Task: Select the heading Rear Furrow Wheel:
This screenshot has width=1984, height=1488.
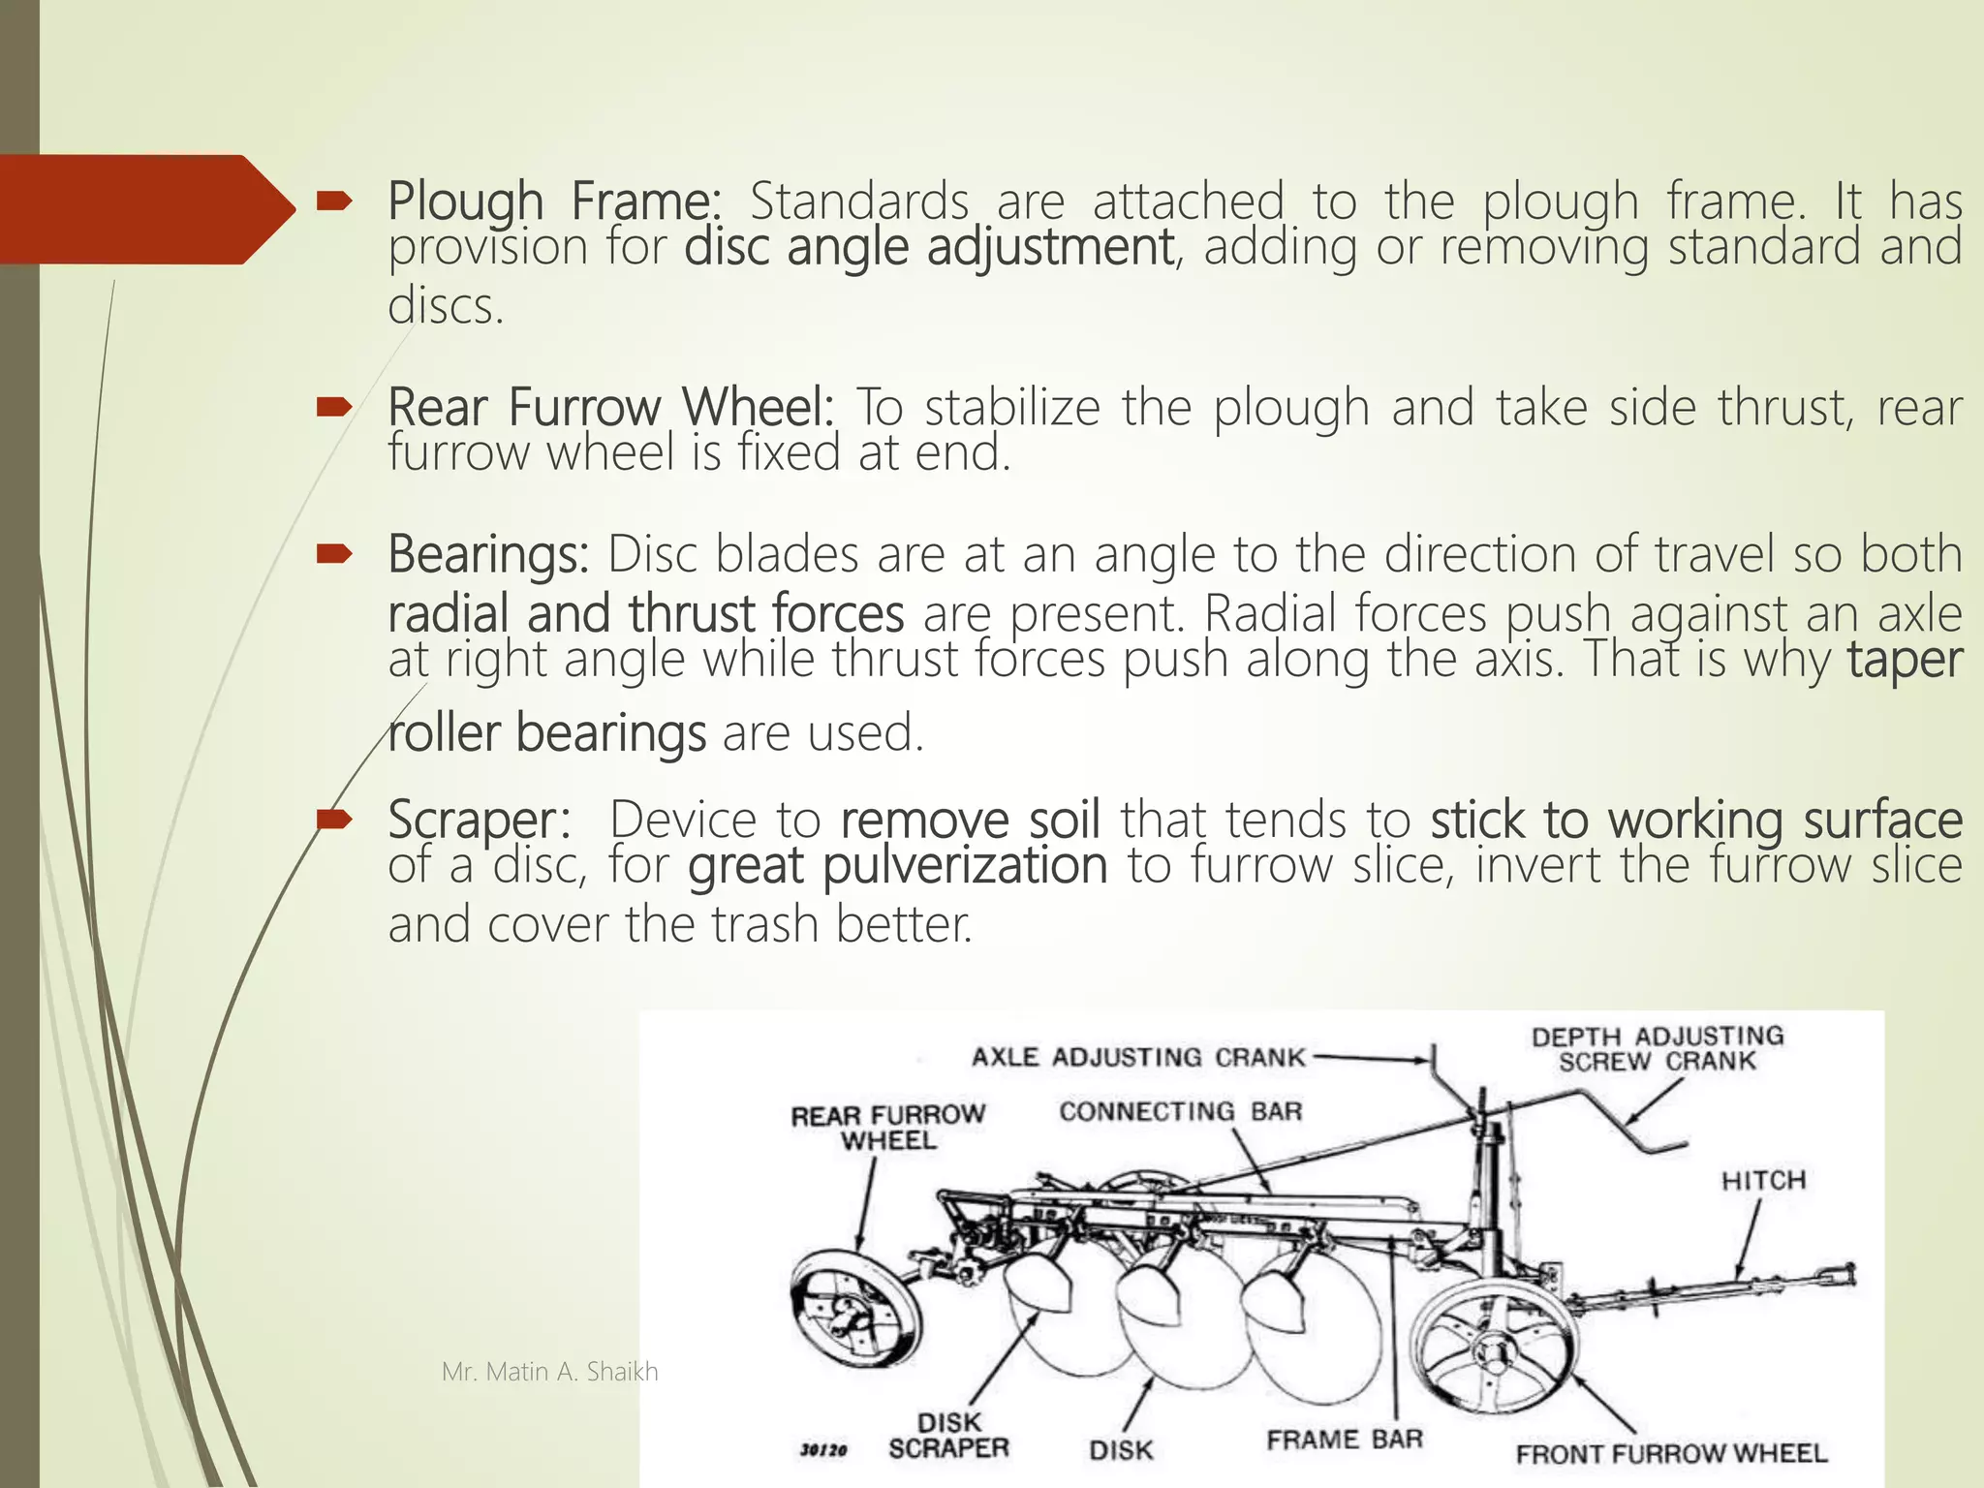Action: (610, 407)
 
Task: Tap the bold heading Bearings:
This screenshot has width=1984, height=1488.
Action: (487, 555)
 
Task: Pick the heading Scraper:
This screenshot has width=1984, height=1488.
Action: (479, 820)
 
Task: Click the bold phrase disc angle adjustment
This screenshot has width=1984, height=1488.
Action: (929, 247)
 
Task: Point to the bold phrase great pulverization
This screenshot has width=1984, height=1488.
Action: (897, 865)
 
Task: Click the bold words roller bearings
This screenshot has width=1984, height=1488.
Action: (547, 733)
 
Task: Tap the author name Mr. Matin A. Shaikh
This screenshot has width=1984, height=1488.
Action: (549, 1372)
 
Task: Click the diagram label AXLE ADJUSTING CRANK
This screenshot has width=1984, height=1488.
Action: (1138, 1057)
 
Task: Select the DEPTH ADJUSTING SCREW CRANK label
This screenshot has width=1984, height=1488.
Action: (1658, 1048)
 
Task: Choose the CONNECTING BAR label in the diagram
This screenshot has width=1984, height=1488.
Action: (1180, 1111)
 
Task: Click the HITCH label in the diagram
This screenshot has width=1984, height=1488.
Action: (1763, 1181)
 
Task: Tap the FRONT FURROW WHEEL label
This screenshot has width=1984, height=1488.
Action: (1671, 1453)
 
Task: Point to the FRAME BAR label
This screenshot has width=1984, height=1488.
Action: (1345, 1440)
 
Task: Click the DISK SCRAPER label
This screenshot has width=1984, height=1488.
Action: (949, 1436)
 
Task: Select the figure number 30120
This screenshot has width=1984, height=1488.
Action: (823, 1450)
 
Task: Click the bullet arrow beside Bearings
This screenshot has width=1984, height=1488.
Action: (333, 554)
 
